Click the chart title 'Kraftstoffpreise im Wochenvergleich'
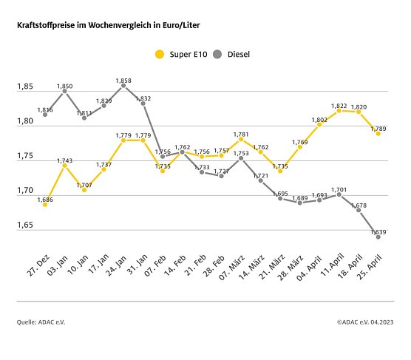pyautogui.click(x=108, y=25)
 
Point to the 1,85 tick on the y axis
pyautogui.click(x=25, y=87)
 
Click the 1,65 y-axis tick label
pyautogui.click(x=25, y=225)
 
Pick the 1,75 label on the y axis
pyautogui.click(x=25, y=156)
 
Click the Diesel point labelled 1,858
pyautogui.click(x=123, y=86)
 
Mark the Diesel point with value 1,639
pyautogui.click(x=378, y=237)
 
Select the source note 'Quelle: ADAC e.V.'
pyautogui.click(x=41, y=322)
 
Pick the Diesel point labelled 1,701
pyautogui.click(x=339, y=194)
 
